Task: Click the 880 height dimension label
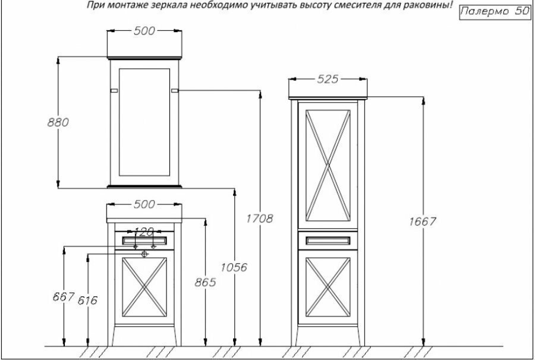pos(58,122)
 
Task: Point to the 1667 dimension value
pos(423,221)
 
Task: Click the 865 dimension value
pos(204,283)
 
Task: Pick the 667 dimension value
pos(64,296)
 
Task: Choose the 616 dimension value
pos(87,300)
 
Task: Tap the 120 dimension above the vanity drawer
pos(144,230)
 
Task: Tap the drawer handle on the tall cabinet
pos(326,240)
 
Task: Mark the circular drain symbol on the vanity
pos(144,253)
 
